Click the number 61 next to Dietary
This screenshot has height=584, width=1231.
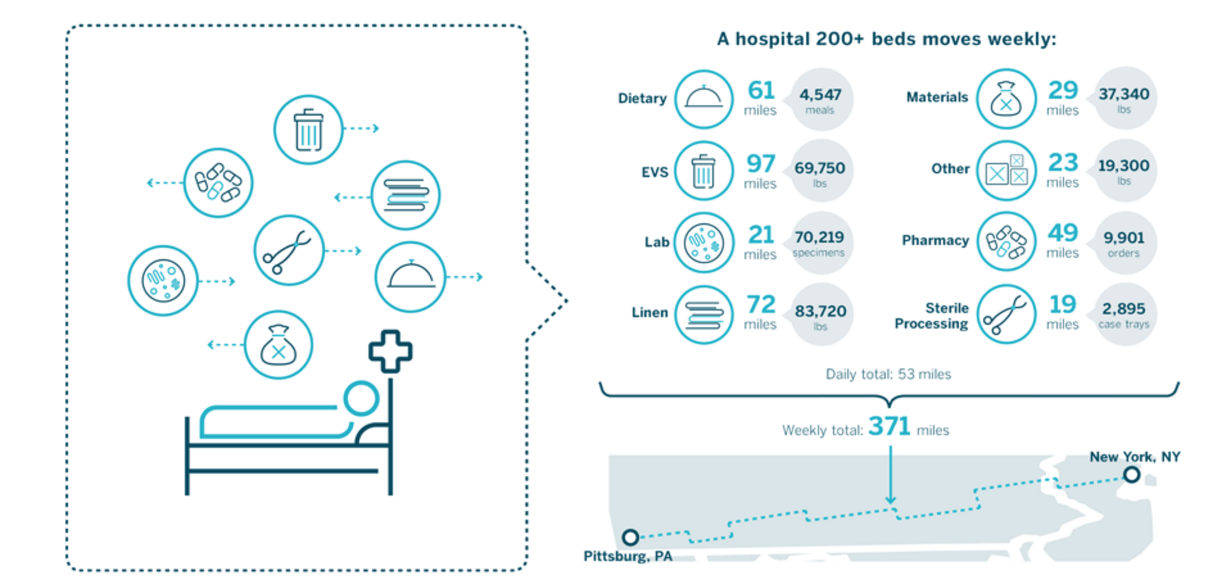pyautogui.click(x=761, y=90)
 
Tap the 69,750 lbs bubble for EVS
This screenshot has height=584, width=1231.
pyautogui.click(x=820, y=171)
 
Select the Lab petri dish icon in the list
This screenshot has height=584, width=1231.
pyautogui.click(x=704, y=243)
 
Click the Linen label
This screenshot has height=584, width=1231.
pyautogui.click(x=650, y=313)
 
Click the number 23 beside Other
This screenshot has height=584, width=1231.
pyautogui.click(x=1063, y=162)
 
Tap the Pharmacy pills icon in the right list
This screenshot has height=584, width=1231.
pyautogui.click(x=1006, y=242)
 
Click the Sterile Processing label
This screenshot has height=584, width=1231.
pyautogui.click(x=931, y=316)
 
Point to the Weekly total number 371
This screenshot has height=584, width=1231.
pyautogui.click(x=889, y=427)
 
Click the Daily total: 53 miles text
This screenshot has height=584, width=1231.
pyautogui.click(x=888, y=374)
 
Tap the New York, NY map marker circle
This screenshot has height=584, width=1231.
pyautogui.click(x=1132, y=475)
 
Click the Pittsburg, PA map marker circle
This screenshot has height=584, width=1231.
pyautogui.click(x=630, y=537)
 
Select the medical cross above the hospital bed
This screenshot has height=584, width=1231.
pyautogui.click(x=390, y=351)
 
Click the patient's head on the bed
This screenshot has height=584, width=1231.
pyautogui.click(x=361, y=399)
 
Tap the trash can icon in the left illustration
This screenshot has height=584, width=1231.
pyautogui.click(x=308, y=130)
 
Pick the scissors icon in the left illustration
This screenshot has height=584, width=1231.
pyautogui.click(x=288, y=250)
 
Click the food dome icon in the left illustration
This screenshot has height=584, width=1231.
pyautogui.click(x=410, y=277)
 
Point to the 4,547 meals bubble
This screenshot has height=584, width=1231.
pyautogui.click(x=820, y=99)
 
